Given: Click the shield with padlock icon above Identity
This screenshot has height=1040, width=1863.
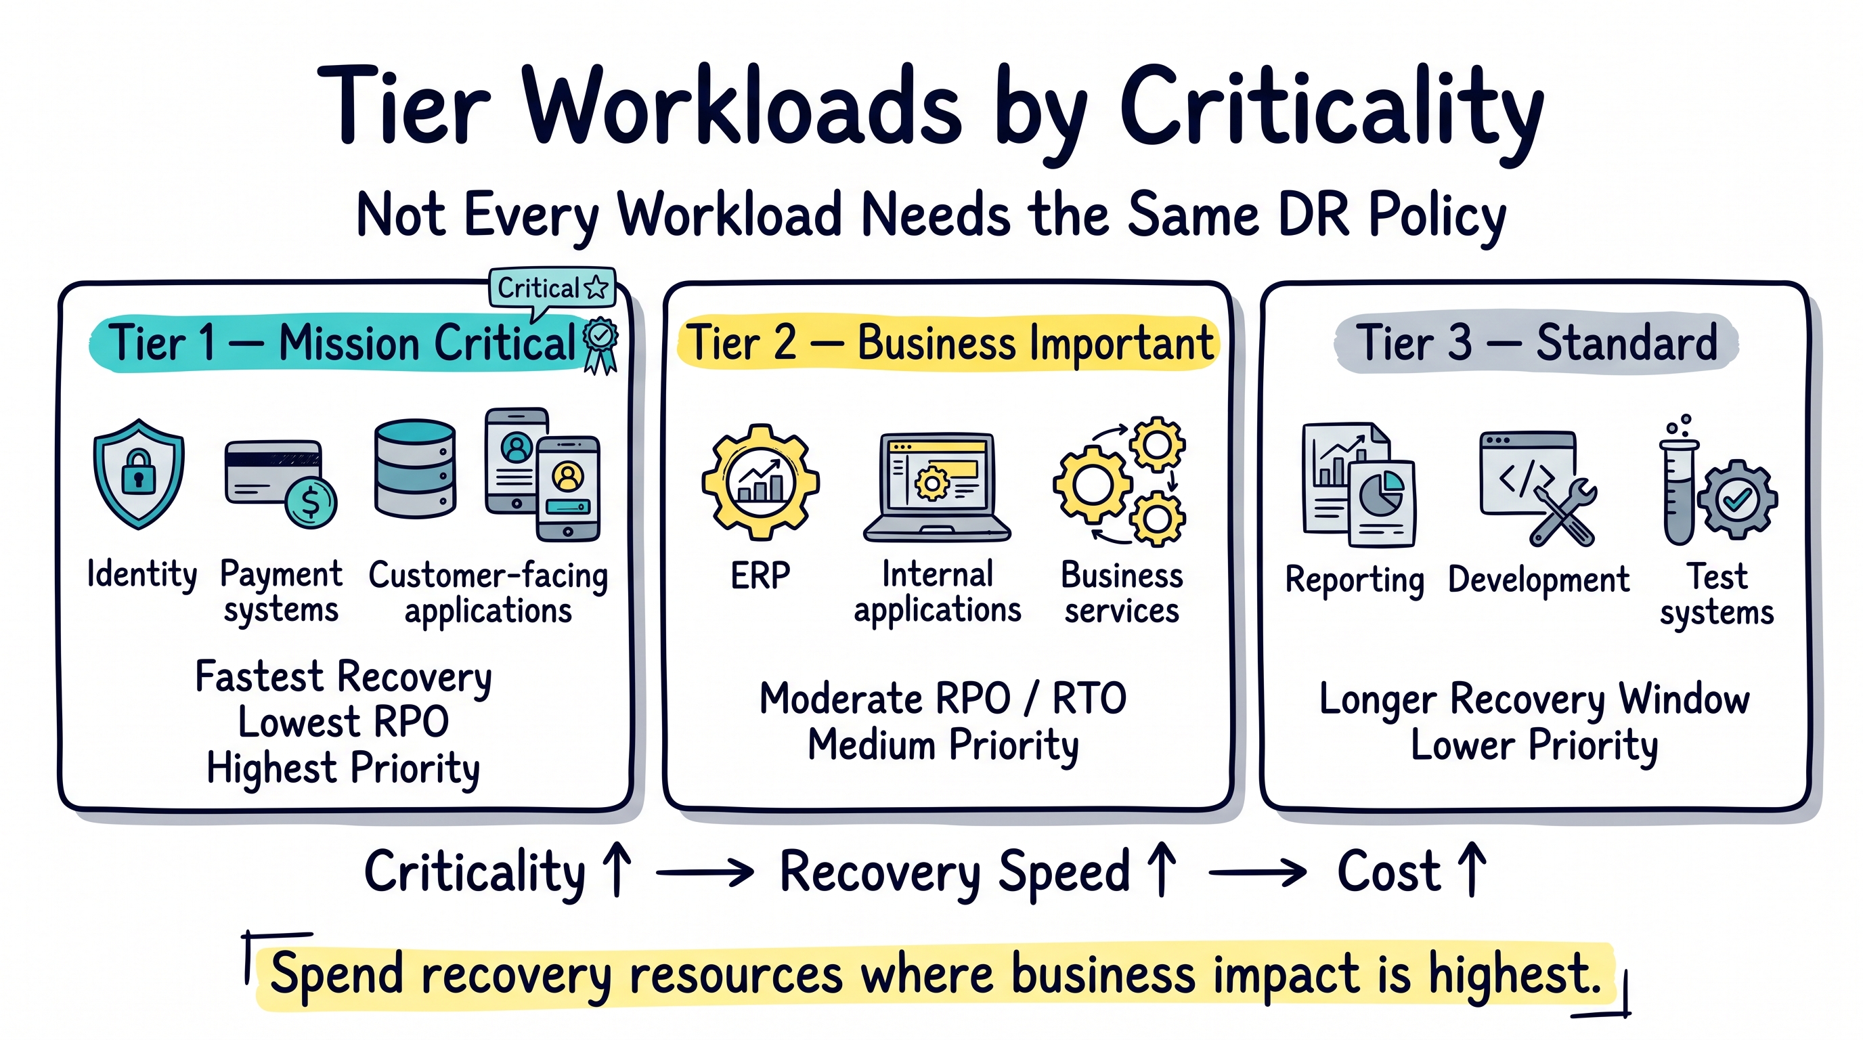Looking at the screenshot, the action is point(138,474).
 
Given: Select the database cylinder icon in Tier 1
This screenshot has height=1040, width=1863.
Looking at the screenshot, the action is point(415,469).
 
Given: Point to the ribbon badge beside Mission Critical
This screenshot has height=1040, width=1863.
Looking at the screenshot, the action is point(600,346).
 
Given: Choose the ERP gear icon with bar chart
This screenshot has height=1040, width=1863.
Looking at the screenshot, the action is point(760,481).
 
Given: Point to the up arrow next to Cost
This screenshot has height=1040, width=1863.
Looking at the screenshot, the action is point(1472,869).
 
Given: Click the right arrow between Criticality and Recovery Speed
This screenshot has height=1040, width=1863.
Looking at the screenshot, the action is point(705,872).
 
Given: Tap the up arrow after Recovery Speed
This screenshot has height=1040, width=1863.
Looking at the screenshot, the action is point(1162,869).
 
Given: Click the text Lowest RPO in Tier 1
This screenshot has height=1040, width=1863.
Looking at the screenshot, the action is point(343,722).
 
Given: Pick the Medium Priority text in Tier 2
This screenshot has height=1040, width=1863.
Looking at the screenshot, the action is point(943,745).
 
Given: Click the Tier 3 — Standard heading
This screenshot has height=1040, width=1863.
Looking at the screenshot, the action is point(1536,342).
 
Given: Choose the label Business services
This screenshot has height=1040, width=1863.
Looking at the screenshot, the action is point(1122,592).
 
